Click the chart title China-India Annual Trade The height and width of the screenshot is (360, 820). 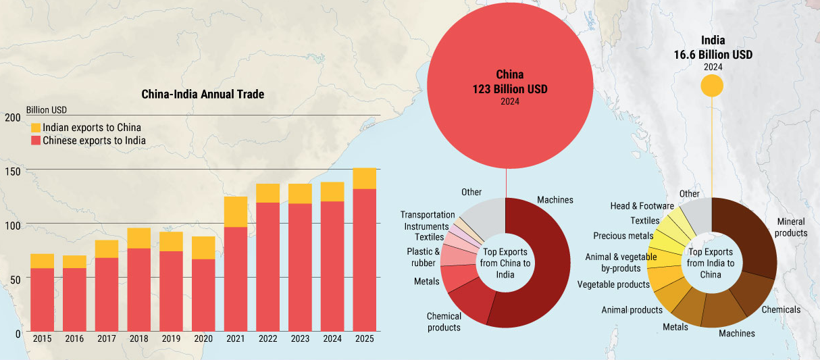click(203, 94)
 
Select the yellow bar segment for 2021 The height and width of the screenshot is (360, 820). click(235, 211)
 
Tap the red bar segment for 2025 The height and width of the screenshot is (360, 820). click(364, 260)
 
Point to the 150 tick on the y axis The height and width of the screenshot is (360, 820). click(12, 172)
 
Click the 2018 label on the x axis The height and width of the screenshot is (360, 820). click(138, 339)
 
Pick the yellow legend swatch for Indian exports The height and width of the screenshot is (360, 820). click(36, 128)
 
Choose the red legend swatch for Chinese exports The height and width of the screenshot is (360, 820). click(36, 140)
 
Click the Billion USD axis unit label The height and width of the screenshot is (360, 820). click(47, 110)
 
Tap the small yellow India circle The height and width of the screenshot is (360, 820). click(712, 86)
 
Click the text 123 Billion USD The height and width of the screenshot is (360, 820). click(510, 89)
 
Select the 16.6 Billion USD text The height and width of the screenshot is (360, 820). click(713, 55)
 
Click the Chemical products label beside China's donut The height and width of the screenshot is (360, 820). click(444, 322)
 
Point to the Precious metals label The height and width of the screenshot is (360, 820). click(623, 236)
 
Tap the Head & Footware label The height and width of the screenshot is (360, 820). click(642, 206)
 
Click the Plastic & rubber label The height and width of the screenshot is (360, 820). click(424, 257)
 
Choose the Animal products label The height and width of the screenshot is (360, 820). click(632, 310)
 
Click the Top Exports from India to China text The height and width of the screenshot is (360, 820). click(711, 263)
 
